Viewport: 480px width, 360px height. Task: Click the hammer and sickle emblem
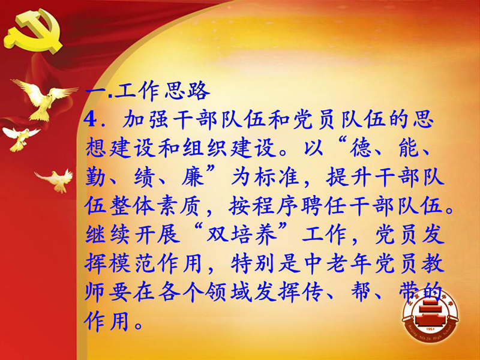click(33, 30)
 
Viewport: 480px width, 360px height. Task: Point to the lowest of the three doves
click(56, 180)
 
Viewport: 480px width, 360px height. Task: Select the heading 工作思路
click(162, 91)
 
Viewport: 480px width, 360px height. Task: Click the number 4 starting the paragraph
click(91, 119)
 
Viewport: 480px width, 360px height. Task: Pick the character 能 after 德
click(410, 147)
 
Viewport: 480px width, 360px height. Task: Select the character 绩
click(144, 176)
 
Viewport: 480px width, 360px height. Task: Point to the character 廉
click(192, 176)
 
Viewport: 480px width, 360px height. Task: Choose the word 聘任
click(325, 205)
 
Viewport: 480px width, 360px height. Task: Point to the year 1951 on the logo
click(430, 329)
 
